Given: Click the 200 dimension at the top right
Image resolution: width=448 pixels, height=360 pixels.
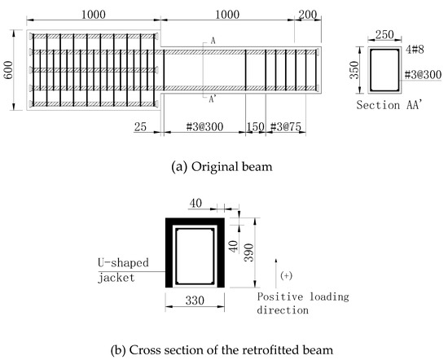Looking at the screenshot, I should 308,14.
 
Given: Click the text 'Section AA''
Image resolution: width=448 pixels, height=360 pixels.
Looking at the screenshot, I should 389,106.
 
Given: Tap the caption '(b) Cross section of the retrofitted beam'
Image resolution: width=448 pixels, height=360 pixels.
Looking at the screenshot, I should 224,351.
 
